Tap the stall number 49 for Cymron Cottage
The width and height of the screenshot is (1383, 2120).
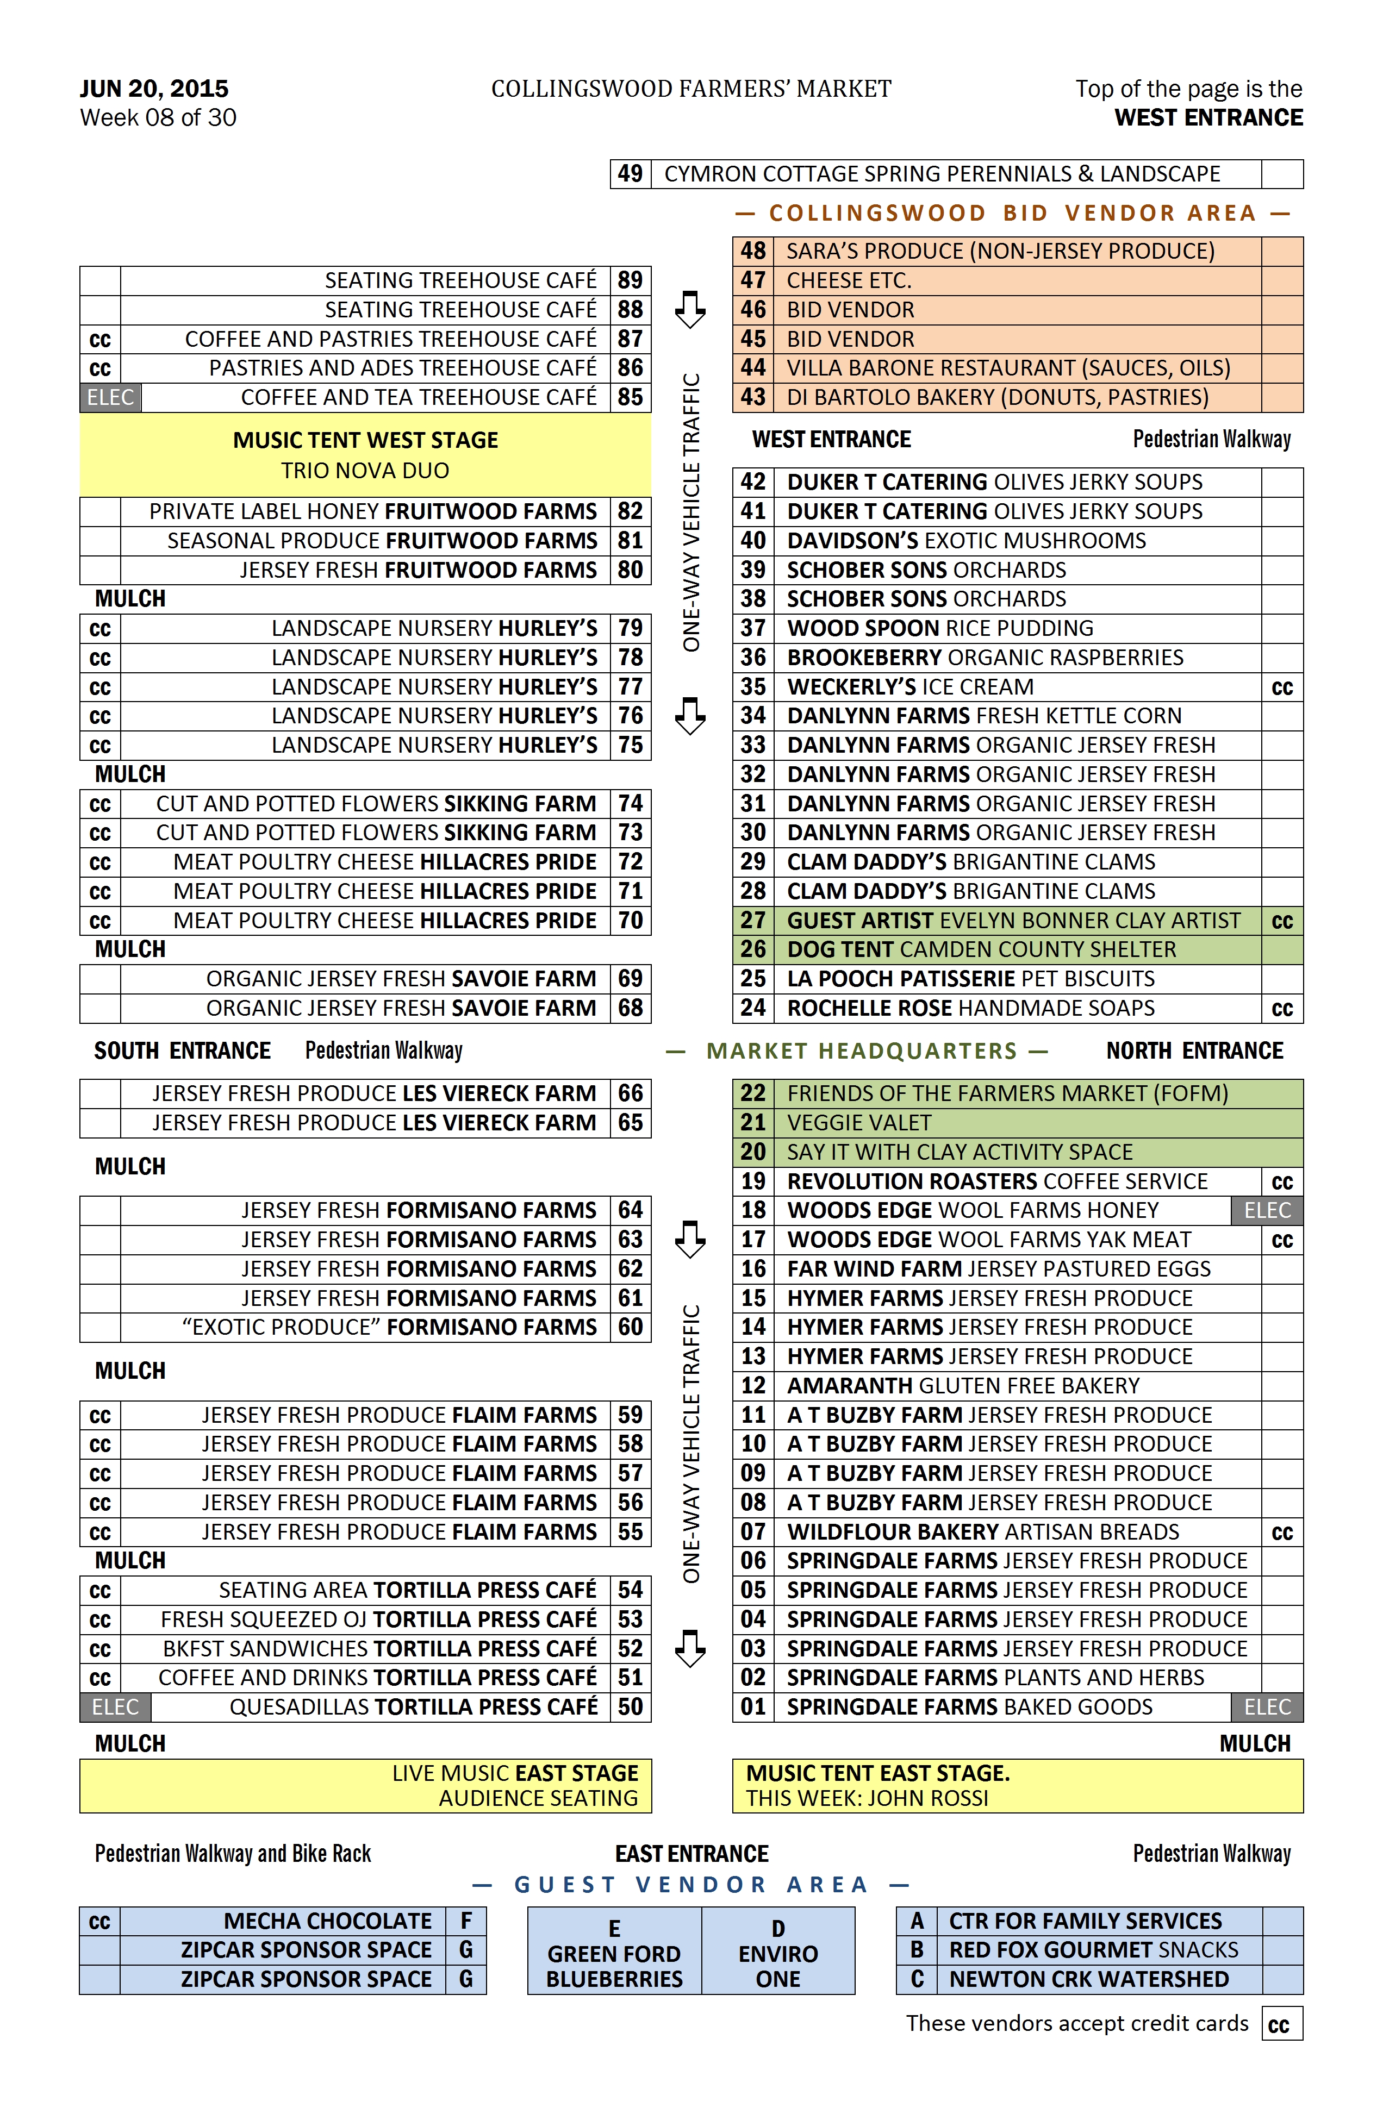630,174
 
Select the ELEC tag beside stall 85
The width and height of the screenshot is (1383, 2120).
110,397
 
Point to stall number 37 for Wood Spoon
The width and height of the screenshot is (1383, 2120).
753,628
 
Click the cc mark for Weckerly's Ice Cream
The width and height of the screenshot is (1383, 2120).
1281,687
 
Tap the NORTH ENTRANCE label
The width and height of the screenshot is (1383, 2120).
1194,1051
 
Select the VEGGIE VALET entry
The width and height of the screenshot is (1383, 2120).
859,1123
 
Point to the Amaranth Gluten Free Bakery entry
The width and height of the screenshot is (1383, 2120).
962,1386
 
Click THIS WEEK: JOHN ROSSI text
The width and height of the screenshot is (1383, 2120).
867,1798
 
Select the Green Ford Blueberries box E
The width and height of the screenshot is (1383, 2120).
614,1953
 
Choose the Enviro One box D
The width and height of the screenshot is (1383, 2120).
778,1953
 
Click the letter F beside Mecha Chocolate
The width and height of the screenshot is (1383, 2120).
465,1921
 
